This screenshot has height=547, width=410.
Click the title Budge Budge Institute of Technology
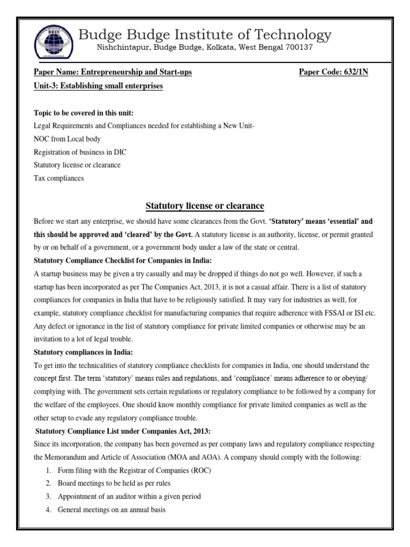point(204,35)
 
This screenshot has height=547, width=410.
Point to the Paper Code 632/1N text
point(333,72)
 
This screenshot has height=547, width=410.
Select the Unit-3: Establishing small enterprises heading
point(98,86)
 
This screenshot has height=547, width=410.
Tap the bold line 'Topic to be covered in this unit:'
point(84,114)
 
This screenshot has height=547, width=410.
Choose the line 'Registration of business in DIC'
point(80,152)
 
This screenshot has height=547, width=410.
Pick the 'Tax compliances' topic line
point(59,178)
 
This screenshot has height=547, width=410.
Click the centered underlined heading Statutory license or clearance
point(205,206)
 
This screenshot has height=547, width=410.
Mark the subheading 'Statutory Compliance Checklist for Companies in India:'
point(123,260)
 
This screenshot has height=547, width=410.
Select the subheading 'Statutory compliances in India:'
point(83,352)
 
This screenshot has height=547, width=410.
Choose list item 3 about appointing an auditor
point(130,496)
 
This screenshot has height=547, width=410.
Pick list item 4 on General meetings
point(112,510)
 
